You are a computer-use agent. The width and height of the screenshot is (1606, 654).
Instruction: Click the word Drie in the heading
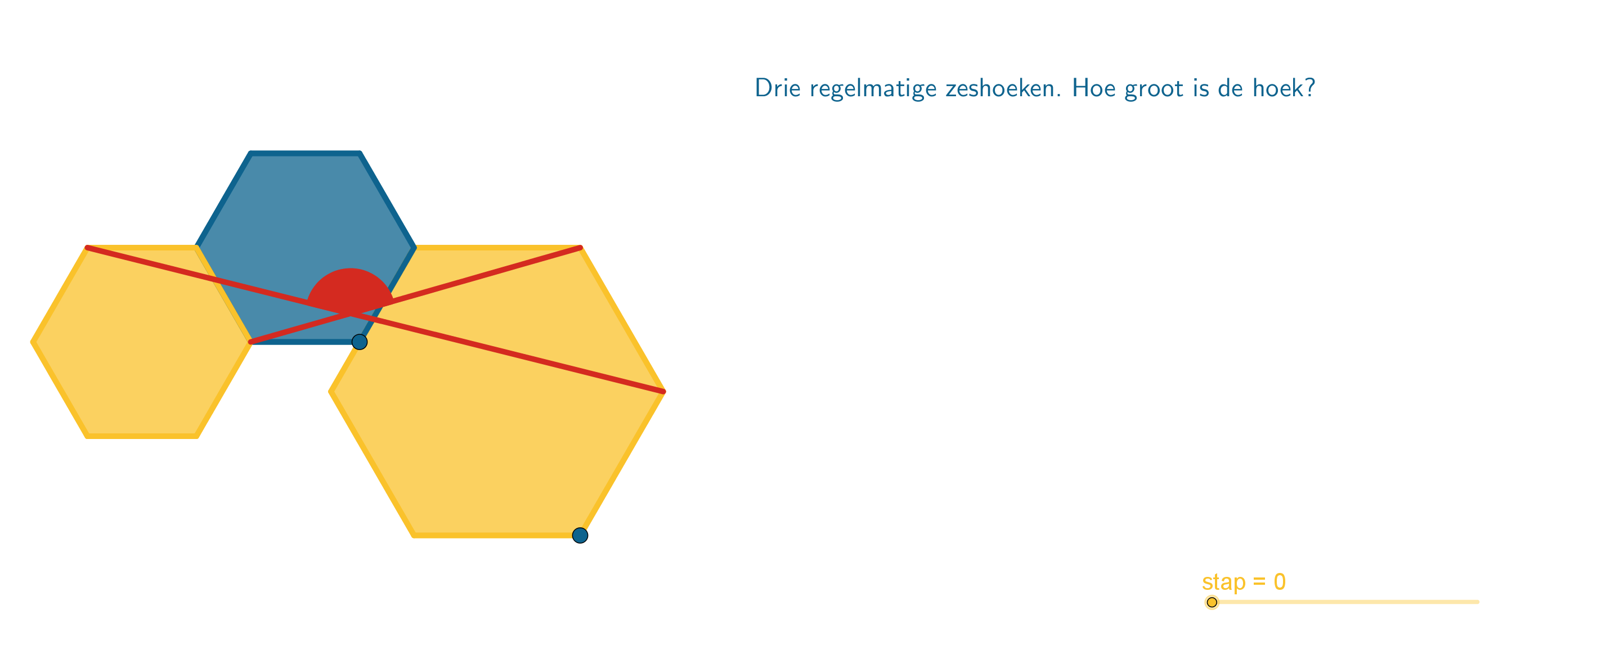coord(778,87)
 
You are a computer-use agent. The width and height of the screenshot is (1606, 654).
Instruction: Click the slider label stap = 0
coord(1244,582)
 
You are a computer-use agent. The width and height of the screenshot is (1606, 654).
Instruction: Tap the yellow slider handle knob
coord(1212,602)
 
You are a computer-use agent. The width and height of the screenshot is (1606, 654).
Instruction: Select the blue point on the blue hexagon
coord(360,342)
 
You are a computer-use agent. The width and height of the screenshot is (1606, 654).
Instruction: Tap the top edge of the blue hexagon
coord(306,153)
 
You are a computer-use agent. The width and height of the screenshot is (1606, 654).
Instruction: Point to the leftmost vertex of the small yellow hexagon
coord(33,342)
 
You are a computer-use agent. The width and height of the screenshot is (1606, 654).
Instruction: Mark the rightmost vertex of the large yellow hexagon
coord(664,392)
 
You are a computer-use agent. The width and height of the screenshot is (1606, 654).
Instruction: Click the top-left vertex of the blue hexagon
coord(250,153)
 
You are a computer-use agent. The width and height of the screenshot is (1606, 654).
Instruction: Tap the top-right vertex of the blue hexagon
coord(360,153)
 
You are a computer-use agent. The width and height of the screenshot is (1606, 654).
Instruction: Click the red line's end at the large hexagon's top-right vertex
coord(580,248)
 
